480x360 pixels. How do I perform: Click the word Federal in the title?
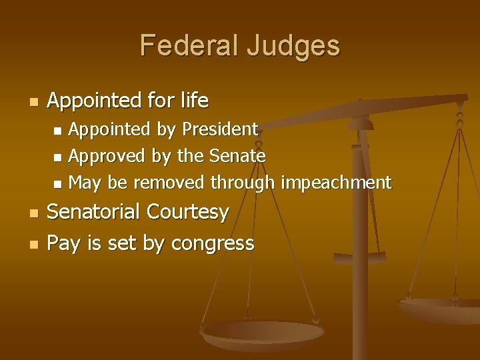point(189,46)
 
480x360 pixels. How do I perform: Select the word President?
point(220,129)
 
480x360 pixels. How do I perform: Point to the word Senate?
point(238,156)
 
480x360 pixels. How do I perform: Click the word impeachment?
point(336,183)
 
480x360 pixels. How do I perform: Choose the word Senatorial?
point(95,213)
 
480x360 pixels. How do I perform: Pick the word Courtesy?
point(188,213)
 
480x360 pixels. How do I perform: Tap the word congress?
point(213,244)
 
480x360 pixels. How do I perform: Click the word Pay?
point(63,243)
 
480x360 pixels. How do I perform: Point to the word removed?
point(170,183)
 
